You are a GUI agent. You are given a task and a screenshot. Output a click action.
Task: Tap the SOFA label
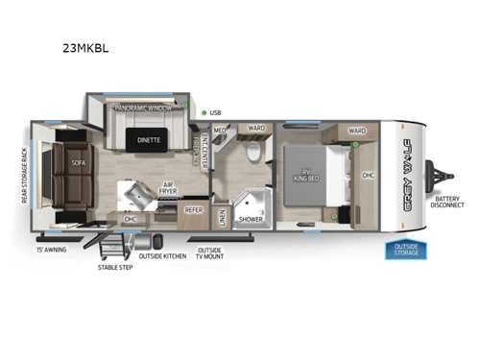[78, 163]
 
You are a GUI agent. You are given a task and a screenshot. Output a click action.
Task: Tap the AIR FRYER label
[168, 190]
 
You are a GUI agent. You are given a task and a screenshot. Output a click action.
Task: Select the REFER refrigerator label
[194, 208]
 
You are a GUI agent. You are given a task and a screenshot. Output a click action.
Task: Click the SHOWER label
[251, 219]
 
